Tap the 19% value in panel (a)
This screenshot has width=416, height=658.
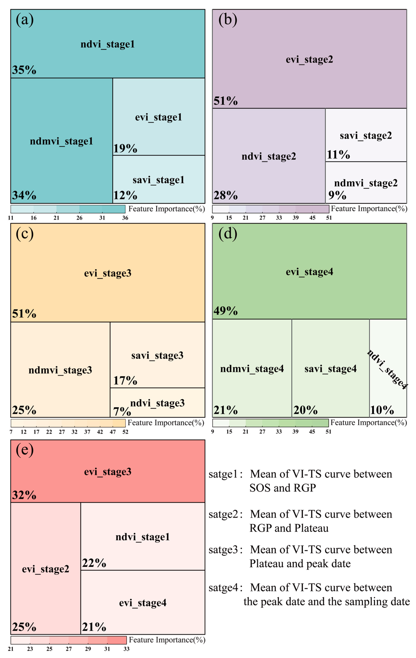(x=125, y=148)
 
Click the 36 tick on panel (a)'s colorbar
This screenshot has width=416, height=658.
(x=125, y=218)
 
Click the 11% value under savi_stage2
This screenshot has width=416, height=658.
(x=338, y=155)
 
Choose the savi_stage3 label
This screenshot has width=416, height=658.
(x=157, y=356)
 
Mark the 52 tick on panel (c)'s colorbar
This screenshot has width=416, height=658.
(x=125, y=432)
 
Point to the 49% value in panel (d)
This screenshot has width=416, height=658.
(x=226, y=311)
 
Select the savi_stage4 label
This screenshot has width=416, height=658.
(x=330, y=369)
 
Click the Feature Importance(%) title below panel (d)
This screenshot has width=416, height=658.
(x=368, y=423)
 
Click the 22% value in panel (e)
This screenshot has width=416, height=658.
(x=94, y=563)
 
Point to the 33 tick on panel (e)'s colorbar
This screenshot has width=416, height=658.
(x=126, y=649)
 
